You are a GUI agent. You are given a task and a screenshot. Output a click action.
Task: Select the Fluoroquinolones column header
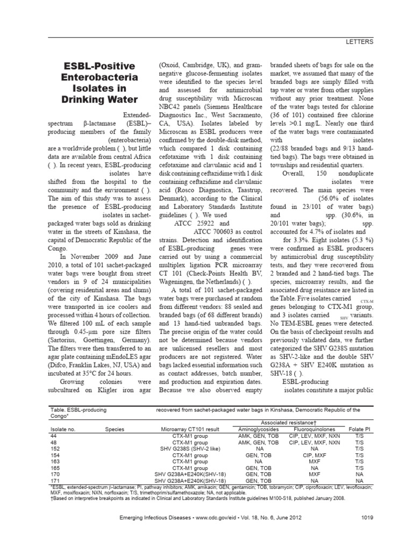point(315,429)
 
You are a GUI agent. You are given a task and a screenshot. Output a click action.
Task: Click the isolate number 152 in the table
point(55,448)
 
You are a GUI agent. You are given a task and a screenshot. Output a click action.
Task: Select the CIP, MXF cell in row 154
point(315,454)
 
